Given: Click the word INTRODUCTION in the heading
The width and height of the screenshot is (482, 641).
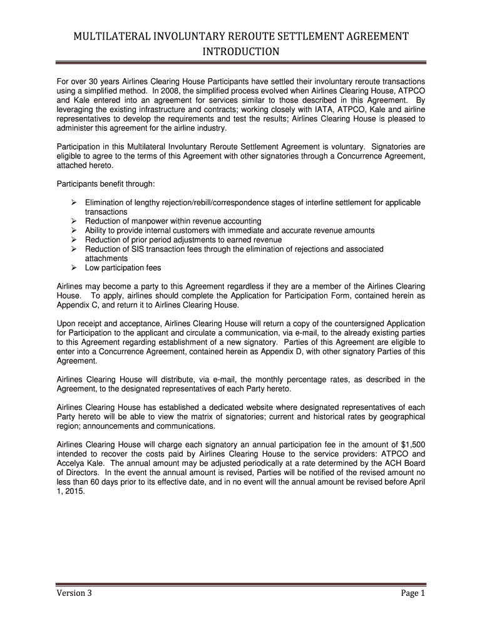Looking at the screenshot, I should pyautogui.click(x=240, y=51).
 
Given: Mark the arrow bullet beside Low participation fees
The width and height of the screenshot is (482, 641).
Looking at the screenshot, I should pyautogui.click(x=73, y=267).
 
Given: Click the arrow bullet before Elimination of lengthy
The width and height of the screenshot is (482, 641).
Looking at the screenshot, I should pyautogui.click(x=73, y=203).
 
